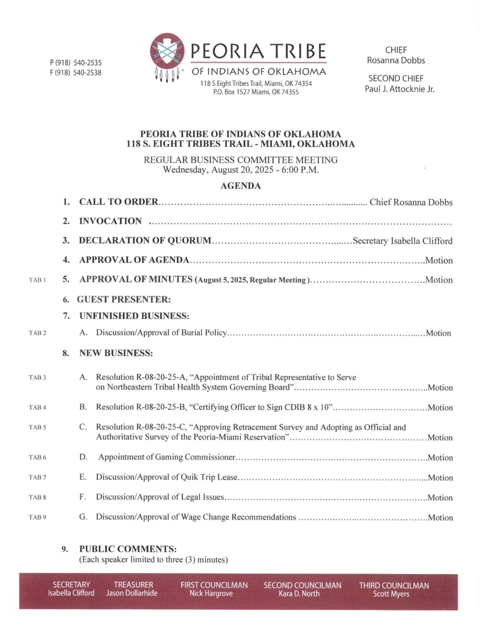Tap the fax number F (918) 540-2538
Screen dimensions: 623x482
pos(75,73)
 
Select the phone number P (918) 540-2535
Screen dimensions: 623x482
pos(75,63)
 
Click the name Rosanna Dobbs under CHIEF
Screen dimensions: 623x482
pos(395,60)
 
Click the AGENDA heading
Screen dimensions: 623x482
pos(240,186)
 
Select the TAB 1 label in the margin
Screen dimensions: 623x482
pos(37,280)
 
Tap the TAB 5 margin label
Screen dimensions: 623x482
pos(37,428)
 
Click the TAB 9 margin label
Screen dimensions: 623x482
pos(37,518)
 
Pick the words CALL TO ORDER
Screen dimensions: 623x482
pos(119,203)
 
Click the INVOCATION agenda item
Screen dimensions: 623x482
pos(111,221)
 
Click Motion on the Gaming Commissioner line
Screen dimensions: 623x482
pos(440,458)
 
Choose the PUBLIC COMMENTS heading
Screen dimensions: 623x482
pos(128,549)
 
